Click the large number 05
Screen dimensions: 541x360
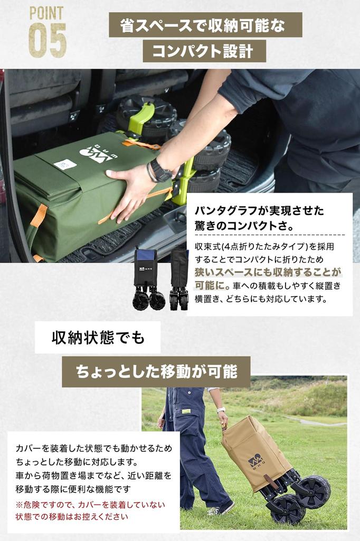point(48,41)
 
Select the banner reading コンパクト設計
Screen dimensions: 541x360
point(204,51)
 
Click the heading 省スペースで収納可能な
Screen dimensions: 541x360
point(205,25)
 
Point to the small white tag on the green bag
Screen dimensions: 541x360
point(65,164)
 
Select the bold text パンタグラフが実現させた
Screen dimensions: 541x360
point(259,210)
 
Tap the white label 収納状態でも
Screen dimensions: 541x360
point(98,337)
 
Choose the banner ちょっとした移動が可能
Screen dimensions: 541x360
point(156,371)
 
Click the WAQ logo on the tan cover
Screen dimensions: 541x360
point(255,461)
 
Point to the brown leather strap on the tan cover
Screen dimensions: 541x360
point(271,480)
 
